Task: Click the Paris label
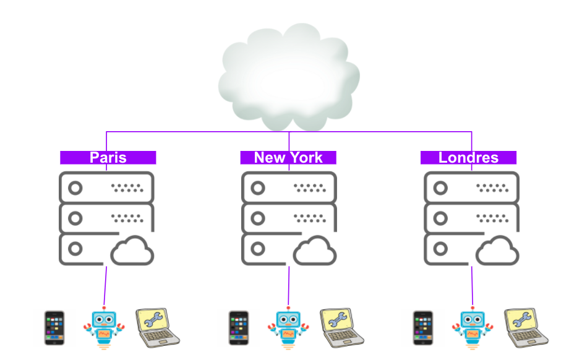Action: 108,158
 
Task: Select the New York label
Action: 288,158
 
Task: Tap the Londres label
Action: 468,158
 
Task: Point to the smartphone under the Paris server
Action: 54,328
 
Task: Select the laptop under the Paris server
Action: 157,326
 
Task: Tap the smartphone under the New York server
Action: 238,328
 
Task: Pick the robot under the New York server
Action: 288,328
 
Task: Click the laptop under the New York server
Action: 341,326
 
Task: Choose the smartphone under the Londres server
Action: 421,328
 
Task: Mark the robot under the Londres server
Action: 472,328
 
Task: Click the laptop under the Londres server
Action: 524,326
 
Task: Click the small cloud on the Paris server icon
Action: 132,251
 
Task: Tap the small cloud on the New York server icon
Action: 314,251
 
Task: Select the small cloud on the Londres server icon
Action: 497,251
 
